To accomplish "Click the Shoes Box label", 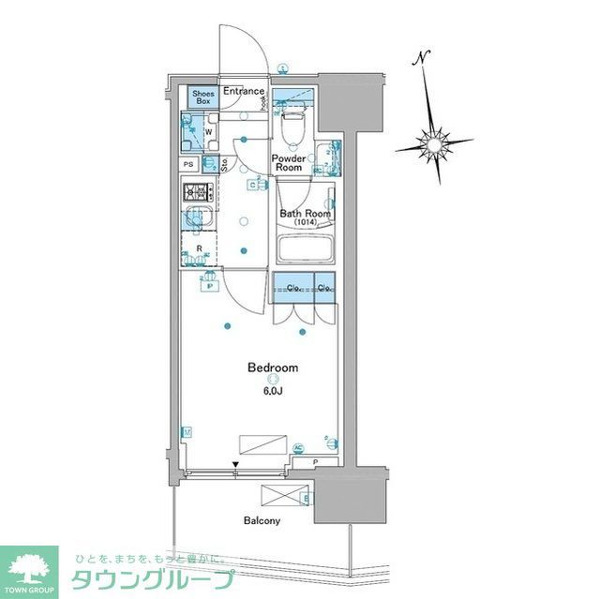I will click(x=203, y=97).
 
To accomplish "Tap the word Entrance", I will click(x=244, y=91).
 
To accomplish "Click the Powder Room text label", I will click(x=289, y=162).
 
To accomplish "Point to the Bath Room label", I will click(x=306, y=213).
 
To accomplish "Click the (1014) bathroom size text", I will click(x=306, y=223).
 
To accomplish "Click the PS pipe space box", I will click(x=188, y=165).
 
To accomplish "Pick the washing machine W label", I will click(x=208, y=132).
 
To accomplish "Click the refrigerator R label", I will click(x=200, y=248).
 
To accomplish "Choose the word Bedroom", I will click(x=272, y=367).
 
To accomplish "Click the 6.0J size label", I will click(x=272, y=390).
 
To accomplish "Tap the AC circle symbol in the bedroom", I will click(x=299, y=448).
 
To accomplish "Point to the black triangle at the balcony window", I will click(x=236, y=465).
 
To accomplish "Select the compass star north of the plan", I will click(x=434, y=144).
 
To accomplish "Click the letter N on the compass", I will click(x=424, y=57).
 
